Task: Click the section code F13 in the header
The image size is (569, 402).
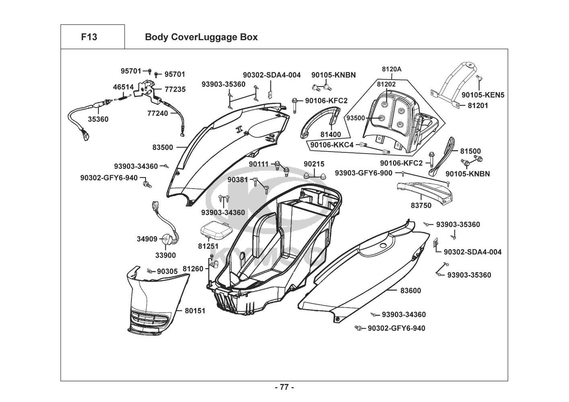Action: [x=89, y=37]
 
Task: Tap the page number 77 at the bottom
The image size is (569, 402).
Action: [x=284, y=388]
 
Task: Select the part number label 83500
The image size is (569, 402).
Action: [x=162, y=148]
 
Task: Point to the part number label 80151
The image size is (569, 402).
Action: [x=195, y=311]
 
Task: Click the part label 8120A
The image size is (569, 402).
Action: [x=391, y=69]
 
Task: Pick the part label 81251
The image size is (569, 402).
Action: [x=208, y=246]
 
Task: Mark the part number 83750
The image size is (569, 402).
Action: [x=421, y=205]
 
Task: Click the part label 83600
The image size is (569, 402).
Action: [x=411, y=291]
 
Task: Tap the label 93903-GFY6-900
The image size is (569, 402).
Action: [x=364, y=173]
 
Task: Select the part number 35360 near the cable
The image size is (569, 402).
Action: [x=98, y=119]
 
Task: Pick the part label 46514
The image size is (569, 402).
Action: [x=123, y=87]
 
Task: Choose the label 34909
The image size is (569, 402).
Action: [x=147, y=239]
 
